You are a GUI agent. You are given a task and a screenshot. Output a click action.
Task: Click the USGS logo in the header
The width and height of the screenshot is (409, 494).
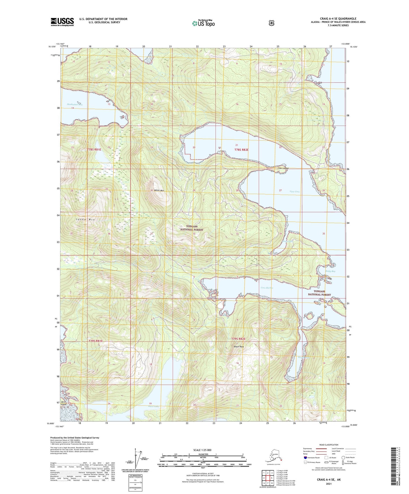[x=62, y=22]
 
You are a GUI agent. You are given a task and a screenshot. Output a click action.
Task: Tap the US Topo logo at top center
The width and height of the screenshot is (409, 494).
[x=203, y=23]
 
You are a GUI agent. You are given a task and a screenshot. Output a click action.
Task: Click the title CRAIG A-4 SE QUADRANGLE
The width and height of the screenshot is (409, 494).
[x=338, y=19]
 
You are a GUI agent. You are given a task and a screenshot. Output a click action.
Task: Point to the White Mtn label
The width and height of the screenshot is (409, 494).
[x=159, y=190]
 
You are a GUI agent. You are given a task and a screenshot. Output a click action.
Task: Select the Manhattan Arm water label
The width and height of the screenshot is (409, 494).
[x=75, y=104]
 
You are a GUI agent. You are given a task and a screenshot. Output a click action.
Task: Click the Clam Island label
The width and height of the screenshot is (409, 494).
[x=283, y=168]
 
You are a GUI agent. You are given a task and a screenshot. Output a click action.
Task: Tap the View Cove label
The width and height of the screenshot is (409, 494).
[x=294, y=192]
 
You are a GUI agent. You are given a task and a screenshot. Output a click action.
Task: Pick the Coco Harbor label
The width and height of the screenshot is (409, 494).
[x=267, y=288]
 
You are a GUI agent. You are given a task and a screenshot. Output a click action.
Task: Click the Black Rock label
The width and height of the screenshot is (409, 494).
[x=239, y=346]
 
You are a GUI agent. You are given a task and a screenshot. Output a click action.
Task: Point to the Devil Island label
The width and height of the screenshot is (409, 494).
[x=63, y=403]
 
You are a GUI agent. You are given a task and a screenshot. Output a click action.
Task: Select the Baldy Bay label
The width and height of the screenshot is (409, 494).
[x=330, y=271]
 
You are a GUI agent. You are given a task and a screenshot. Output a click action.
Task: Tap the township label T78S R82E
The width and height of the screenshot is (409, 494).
[x=241, y=150]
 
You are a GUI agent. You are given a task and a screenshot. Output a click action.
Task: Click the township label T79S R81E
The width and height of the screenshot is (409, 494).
[x=95, y=341]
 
